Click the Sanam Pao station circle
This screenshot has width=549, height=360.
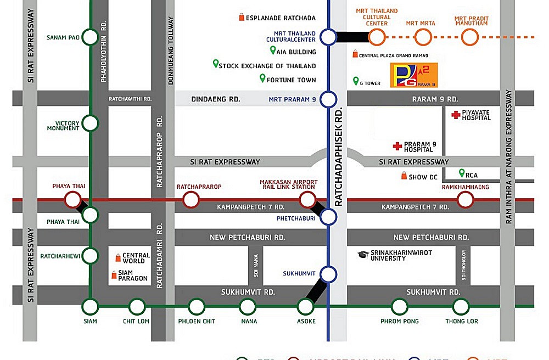(x=90, y=37)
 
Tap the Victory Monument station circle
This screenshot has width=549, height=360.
(x=90, y=123)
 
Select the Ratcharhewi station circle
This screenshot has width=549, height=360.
(x=90, y=256)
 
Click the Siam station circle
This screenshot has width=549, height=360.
(x=90, y=306)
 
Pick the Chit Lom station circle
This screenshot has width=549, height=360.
(x=137, y=306)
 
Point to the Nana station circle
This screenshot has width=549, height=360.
(x=249, y=306)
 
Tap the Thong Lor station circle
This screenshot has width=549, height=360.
(x=461, y=306)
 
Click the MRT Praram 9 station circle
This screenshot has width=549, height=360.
(x=328, y=99)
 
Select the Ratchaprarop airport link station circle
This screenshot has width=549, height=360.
(x=191, y=200)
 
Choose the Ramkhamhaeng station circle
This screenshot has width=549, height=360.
(x=466, y=200)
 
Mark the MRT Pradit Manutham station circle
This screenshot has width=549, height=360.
(x=470, y=37)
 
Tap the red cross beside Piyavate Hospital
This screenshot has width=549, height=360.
(x=455, y=115)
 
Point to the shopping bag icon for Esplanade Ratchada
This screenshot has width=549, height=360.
(x=242, y=18)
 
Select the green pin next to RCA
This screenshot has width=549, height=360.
(x=462, y=173)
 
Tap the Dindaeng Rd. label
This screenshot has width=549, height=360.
(x=216, y=99)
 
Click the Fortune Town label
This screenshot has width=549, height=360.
(x=291, y=80)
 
